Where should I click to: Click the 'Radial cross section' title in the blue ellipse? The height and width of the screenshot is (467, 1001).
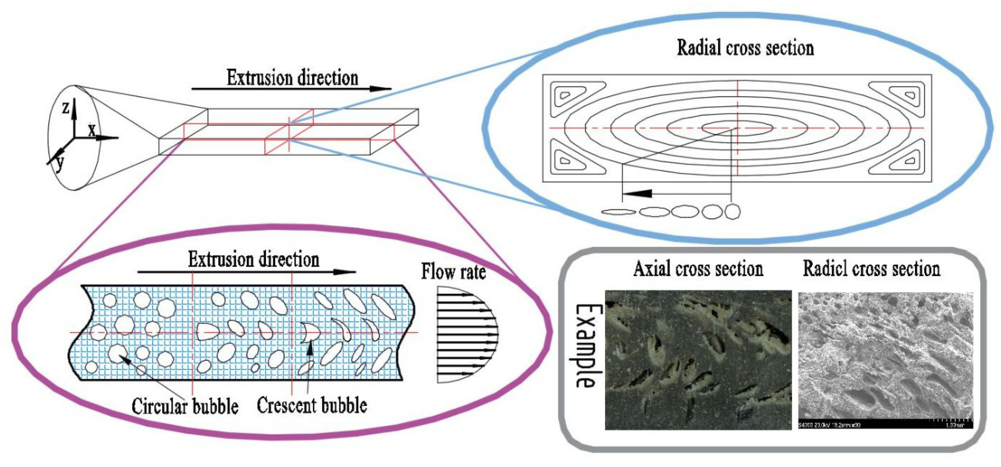tap(745, 48)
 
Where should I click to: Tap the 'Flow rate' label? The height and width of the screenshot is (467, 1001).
tap(454, 272)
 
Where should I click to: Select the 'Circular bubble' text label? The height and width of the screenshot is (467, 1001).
tap(185, 406)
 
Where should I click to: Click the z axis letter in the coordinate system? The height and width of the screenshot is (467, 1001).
tap(66, 108)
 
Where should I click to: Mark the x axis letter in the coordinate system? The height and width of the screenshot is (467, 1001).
tap(91, 130)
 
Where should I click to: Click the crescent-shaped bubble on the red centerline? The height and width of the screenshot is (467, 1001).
tap(310, 332)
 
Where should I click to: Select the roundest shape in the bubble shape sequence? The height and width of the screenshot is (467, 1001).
tap(732, 212)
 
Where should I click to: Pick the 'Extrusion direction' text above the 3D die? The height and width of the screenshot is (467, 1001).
tap(292, 78)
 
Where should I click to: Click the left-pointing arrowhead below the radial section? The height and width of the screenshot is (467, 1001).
tap(637, 193)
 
